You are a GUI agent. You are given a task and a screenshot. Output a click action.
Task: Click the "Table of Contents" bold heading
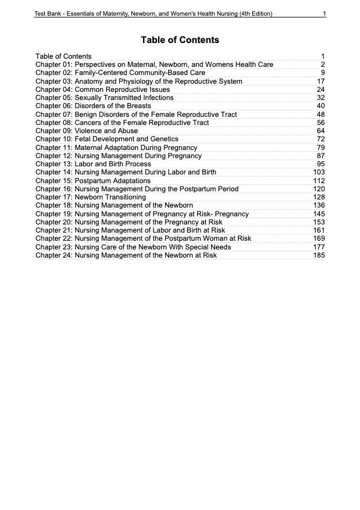(x=180, y=40)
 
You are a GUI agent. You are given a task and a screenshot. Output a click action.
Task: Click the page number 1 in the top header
(x=323, y=13)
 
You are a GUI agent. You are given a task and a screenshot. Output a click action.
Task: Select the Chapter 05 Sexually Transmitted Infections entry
(x=104, y=98)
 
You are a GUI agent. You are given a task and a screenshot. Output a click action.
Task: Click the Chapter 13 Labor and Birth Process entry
(x=93, y=164)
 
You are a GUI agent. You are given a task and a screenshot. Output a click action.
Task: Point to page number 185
(x=319, y=255)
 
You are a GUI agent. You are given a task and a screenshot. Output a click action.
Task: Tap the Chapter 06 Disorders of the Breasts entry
(x=93, y=106)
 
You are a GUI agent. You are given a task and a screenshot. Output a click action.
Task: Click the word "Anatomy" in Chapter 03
(x=89, y=81)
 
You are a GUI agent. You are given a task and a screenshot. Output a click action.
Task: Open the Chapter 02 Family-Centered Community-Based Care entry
(x=120, y=73)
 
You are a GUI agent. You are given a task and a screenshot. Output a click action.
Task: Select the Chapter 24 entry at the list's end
(x=126, y=255)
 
